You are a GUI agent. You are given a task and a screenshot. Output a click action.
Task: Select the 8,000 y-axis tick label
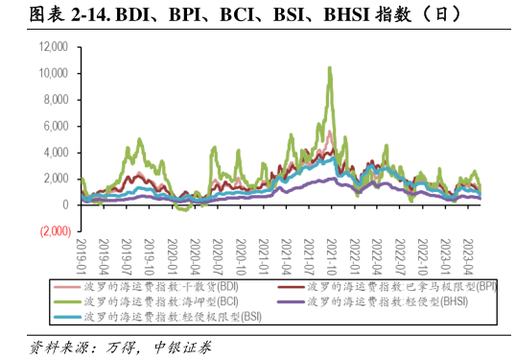(x=56, y=99)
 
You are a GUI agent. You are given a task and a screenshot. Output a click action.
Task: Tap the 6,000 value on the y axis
(x=56, y=126)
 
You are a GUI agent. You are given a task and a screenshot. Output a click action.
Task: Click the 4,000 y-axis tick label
(x=56, y=153)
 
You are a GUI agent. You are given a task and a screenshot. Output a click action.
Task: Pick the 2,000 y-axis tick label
(x=56, y=179)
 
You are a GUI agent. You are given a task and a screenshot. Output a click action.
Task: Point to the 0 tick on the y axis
(x=65, y=205)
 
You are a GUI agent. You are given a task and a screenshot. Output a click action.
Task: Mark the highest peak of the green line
(x=330, y=67)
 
